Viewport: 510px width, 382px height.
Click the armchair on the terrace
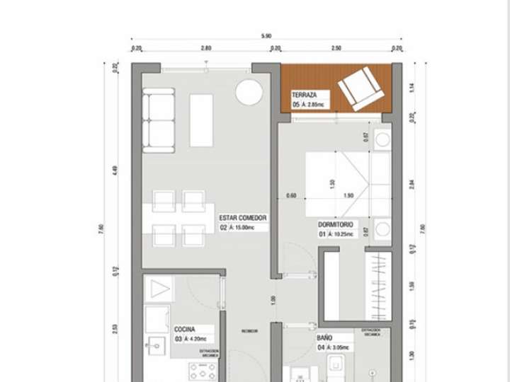[x=362, y=88]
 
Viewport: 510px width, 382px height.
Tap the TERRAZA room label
[x=304, y=95]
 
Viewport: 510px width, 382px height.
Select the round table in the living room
[x=249, y=92]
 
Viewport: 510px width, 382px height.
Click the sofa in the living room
[x=159, y=120]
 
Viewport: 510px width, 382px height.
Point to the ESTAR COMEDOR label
[x=243, y=218]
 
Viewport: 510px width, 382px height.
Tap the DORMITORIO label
[x=337, y=224]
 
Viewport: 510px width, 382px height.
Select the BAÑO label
[x=325, y=338]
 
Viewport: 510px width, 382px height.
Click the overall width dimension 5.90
[x=266, y=36]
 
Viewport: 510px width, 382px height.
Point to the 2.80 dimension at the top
[x=205, y=48]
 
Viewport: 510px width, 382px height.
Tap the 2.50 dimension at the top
[x=336, y=48]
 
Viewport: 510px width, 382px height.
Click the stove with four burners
[x=202, y=371]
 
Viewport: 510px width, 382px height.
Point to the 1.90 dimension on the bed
[x=348, y=196]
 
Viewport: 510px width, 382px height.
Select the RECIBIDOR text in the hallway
[x=249, y=331]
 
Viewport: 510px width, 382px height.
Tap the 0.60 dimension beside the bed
[x=291, y=196]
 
